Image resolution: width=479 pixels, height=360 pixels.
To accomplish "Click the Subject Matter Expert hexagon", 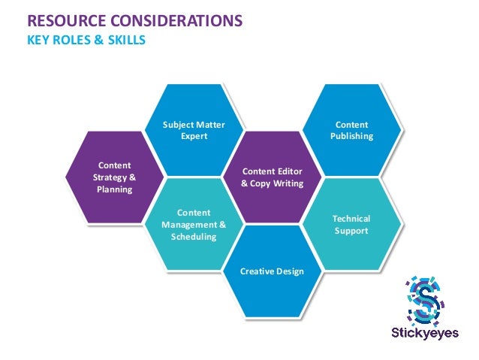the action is (x=194, y=129).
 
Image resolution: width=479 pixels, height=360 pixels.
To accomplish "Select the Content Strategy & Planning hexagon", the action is (x=114, y=177).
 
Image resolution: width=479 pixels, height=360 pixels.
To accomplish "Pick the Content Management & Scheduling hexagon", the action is (x=194, y=224).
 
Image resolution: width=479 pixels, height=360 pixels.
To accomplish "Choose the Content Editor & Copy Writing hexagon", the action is (x=272, y=177).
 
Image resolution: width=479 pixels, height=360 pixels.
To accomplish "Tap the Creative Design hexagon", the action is (x=272, y=271).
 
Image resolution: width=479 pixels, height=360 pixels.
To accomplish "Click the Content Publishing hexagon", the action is (x=351, y=129).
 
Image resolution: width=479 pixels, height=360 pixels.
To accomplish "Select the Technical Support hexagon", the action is (x=351, y=224).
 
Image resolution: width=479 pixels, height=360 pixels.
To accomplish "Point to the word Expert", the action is (x=194, y=136).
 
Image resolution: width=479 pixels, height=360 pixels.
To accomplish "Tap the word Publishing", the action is (x=351, y=136).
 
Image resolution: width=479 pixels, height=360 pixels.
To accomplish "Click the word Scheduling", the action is (x=194, y=237).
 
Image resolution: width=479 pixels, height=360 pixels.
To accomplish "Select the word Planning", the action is (x=114, y=189).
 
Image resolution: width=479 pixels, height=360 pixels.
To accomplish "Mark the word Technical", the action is (x=351, y=219).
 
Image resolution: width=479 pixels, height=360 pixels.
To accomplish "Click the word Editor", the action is (x=288, y=171).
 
